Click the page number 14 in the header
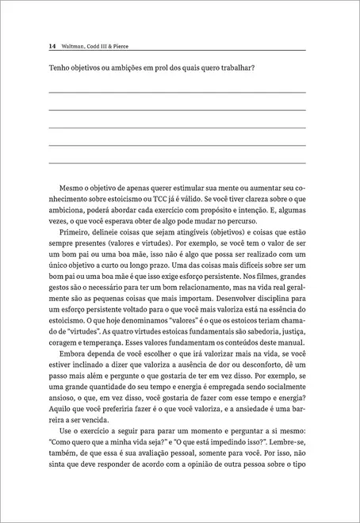click(52, 46)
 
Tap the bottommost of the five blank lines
click(178, 162)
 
